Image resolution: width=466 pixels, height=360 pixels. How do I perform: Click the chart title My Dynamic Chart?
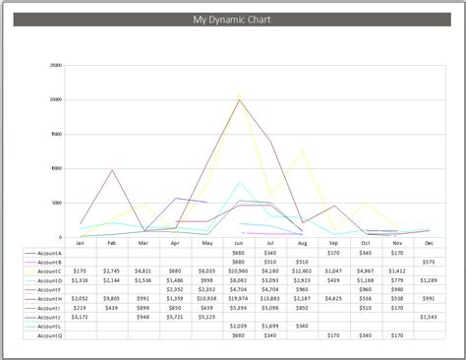click(233, 20)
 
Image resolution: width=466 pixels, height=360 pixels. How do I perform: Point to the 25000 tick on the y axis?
click(56, 65)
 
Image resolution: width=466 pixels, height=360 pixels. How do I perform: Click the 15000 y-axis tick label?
click(56, 134)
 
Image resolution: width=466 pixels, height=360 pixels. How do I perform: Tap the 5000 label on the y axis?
click(57, 203)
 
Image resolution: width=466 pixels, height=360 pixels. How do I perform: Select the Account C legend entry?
click(49, 270)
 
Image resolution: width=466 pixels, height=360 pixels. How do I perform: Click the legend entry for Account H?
click(49, 298)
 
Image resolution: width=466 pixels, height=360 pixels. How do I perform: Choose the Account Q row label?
click(49, 335)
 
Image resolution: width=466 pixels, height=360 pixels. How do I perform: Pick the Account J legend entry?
click(49, 317)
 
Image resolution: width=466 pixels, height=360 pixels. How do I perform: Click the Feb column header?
click(112, 242)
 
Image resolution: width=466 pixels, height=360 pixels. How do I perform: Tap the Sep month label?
click(333, 242)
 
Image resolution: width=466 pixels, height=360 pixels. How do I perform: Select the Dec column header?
click(429, 242)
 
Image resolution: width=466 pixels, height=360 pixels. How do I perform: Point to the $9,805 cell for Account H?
click(111, 298)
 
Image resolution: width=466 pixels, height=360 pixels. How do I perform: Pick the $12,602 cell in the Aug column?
click(301, 270)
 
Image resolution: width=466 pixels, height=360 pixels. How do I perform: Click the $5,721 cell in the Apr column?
click(175, 317)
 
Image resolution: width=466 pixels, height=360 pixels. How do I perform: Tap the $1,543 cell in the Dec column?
click(429, 317)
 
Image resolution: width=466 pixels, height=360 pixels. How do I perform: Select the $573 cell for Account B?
click(429, 261)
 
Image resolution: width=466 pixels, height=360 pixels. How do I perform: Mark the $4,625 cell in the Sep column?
click(333, 298)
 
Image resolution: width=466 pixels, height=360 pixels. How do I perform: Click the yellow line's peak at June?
click(239, 95)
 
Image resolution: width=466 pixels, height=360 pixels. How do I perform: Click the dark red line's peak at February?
click(112, 170)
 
